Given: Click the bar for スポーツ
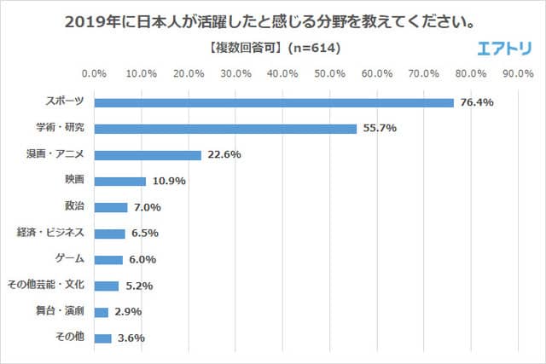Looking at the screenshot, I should point(273,103).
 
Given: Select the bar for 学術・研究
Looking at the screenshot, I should point(224,129).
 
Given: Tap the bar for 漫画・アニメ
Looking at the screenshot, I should point(147,155).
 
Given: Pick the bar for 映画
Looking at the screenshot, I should point(119,181).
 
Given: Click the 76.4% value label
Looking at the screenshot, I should point(476,103).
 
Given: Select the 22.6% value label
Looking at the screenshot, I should point(224,155).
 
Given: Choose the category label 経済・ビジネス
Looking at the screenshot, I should point(51,232).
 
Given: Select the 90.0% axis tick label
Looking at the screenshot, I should point(519,72).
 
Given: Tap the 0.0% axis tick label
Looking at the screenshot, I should point(94,72).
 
